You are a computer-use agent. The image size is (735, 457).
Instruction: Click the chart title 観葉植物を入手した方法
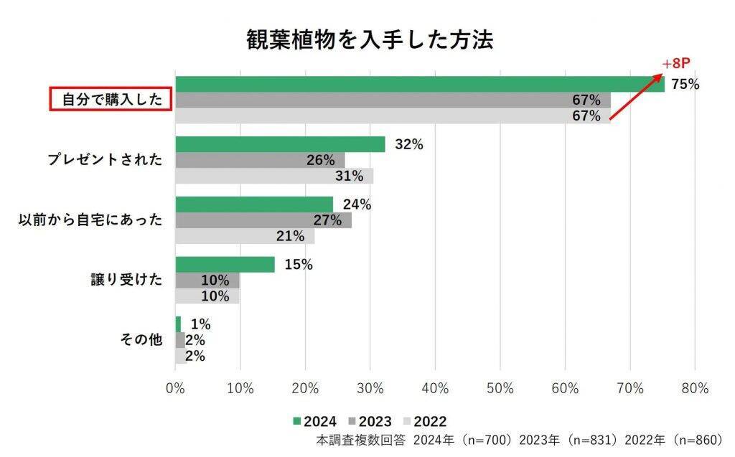pyautogui.click(x=370, y=39)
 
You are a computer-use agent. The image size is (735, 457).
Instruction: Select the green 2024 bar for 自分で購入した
pyautogui.click(x=419, y=84)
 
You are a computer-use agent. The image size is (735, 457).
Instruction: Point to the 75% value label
pyautogui.click(x=685, y=85)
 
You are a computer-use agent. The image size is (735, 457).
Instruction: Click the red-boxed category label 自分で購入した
pyautogui.click(x=111, y=99)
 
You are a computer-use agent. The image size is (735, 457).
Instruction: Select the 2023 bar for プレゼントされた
pyautogui.click(x=260, y=160)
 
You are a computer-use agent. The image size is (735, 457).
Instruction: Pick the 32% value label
pyautogui.click(x=409, y=144)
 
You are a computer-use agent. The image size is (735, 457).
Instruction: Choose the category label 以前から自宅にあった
pyautogui.click(x=90, y=220)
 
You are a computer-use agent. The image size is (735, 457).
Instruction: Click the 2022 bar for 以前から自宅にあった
pyautogui.click(x=244, y=236)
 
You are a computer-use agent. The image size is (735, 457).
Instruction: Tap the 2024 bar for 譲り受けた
pyautogui.click(x=225, y=265)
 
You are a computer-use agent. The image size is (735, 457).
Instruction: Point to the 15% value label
pyautogui.click(x=299, y=265)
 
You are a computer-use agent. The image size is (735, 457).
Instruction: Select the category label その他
pyautogui.click(x=141, y=340)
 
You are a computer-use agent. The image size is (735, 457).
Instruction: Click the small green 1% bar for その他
pyautogui.click(x=178, y=324)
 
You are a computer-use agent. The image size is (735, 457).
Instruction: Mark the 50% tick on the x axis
pyautogui.click(x=500, y=388)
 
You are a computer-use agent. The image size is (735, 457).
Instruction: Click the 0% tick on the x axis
pyautogui.click(x=175, y=388)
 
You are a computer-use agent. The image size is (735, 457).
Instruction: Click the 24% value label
pyautogui.click(x=357, y=204)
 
